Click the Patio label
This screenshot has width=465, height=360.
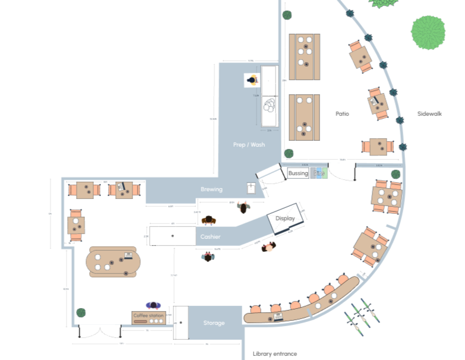[x=341, y=113]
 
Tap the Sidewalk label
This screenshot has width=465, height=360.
[x=429, y=113]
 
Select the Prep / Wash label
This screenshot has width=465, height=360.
[x=249, y=145]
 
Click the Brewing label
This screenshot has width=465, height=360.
[x=211, y=190]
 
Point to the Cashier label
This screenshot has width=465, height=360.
[x=210, y=237]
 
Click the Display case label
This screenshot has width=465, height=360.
[x=285, y=219]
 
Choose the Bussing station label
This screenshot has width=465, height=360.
[x=298, y=173]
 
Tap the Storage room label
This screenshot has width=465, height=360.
[x=214, y=323]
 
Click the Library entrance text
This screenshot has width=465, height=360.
[x=274, y=353]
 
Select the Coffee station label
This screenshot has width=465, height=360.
[x=148, y=315]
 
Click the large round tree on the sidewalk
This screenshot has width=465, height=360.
[x=428, y=32]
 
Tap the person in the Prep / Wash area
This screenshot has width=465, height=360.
[x=252, y=80]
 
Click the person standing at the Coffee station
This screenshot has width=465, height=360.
[x=154, y=305]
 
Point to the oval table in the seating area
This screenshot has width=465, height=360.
[x=113, y=262]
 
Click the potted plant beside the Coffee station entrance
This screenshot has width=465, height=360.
[x=81, y=312]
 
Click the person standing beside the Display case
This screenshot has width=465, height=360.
[x=269, y=246]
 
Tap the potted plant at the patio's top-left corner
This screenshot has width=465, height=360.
[x=287, y=15]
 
